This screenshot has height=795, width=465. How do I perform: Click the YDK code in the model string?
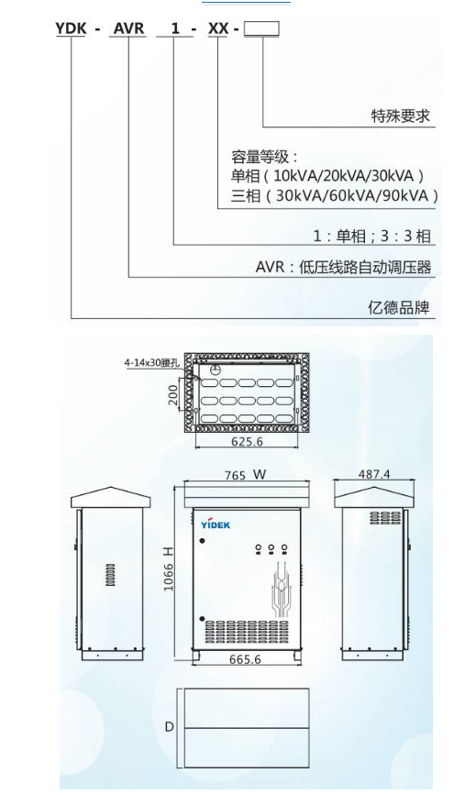coord(71,29)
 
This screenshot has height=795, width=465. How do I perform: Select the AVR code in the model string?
coord(128,29)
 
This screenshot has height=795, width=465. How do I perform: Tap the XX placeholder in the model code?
coord(218,29)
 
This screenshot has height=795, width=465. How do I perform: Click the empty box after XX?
coord(261,28)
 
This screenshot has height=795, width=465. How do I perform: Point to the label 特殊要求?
coord(401,116)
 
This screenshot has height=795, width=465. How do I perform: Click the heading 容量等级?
coord(260,156)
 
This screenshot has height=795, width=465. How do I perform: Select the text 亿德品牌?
coord(399,307)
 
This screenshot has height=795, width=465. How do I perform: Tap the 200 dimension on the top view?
coord(173,395)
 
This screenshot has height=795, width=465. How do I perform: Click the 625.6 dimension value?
coord(247,441)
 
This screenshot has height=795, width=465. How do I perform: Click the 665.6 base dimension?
coord(245,659)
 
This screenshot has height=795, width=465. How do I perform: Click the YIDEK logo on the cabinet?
coord(215,524)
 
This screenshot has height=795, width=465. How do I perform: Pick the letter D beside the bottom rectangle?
coord(169,726)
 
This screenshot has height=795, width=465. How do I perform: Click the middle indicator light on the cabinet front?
coord(271,547)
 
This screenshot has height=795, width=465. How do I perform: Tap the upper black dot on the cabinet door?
coord(203,542)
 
